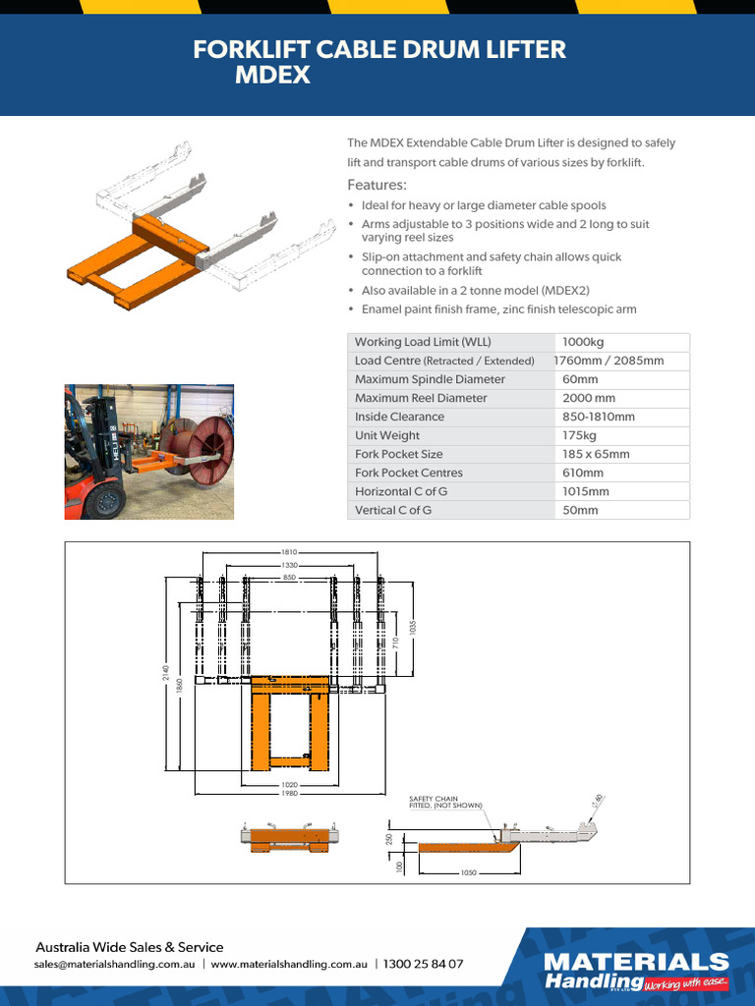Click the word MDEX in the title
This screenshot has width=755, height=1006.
272,76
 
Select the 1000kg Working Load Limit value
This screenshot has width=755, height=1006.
583,342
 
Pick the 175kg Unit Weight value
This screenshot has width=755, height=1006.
579,435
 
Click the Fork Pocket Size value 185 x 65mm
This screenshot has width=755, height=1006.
596,454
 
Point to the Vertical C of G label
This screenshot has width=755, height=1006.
393,510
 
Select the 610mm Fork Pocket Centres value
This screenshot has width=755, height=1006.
582,473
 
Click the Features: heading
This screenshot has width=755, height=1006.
377,186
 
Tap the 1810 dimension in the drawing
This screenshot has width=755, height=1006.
289,553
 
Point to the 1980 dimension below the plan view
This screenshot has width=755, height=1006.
289,793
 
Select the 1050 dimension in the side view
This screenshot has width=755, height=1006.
469,872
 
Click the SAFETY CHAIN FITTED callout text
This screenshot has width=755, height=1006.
446,802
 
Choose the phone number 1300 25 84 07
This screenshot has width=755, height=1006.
423,965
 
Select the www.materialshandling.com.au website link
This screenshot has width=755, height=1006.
289,965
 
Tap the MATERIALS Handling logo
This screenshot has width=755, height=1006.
637,971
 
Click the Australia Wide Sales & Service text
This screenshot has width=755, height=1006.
129,947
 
